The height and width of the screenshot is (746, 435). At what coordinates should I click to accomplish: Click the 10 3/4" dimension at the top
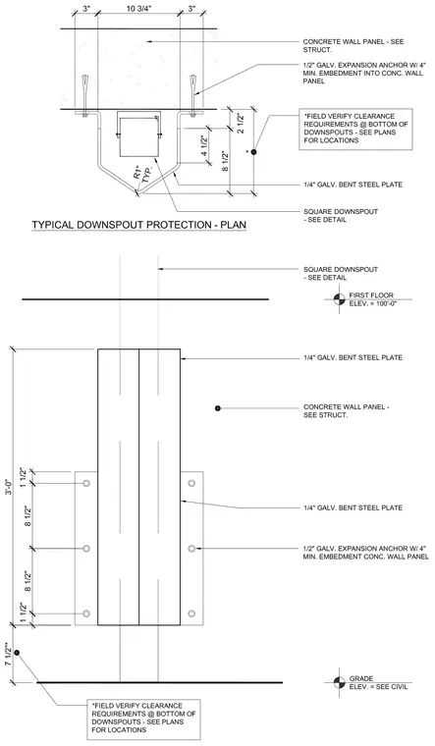tap(138, 8)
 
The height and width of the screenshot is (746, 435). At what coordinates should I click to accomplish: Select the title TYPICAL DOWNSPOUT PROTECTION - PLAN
tap(139, 225)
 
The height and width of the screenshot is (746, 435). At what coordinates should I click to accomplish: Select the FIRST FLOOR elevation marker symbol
tap(339, 299)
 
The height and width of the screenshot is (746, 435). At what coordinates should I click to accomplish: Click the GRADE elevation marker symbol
tap(339, 682)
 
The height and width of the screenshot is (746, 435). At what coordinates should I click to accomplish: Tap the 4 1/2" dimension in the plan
tap(203, 146)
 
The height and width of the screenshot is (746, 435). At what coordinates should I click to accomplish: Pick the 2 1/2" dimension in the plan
tap(242, 123)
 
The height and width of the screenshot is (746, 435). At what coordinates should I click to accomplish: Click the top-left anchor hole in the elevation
tap(86, 483)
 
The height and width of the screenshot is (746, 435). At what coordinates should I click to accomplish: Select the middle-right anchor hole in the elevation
tap(191, 549)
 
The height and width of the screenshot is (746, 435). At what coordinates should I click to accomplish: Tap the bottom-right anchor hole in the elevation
tap(191, 613)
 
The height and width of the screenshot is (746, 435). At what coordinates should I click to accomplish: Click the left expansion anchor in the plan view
tap(84, 93)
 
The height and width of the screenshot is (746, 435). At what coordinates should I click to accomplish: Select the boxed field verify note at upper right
tap(355, 129)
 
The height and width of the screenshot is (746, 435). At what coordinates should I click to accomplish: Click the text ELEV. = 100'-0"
tap(373, 303)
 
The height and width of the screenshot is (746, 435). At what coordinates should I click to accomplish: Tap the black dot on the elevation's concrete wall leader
tap(218, 408)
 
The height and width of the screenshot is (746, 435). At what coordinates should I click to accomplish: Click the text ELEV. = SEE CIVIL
tap(378, 686)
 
